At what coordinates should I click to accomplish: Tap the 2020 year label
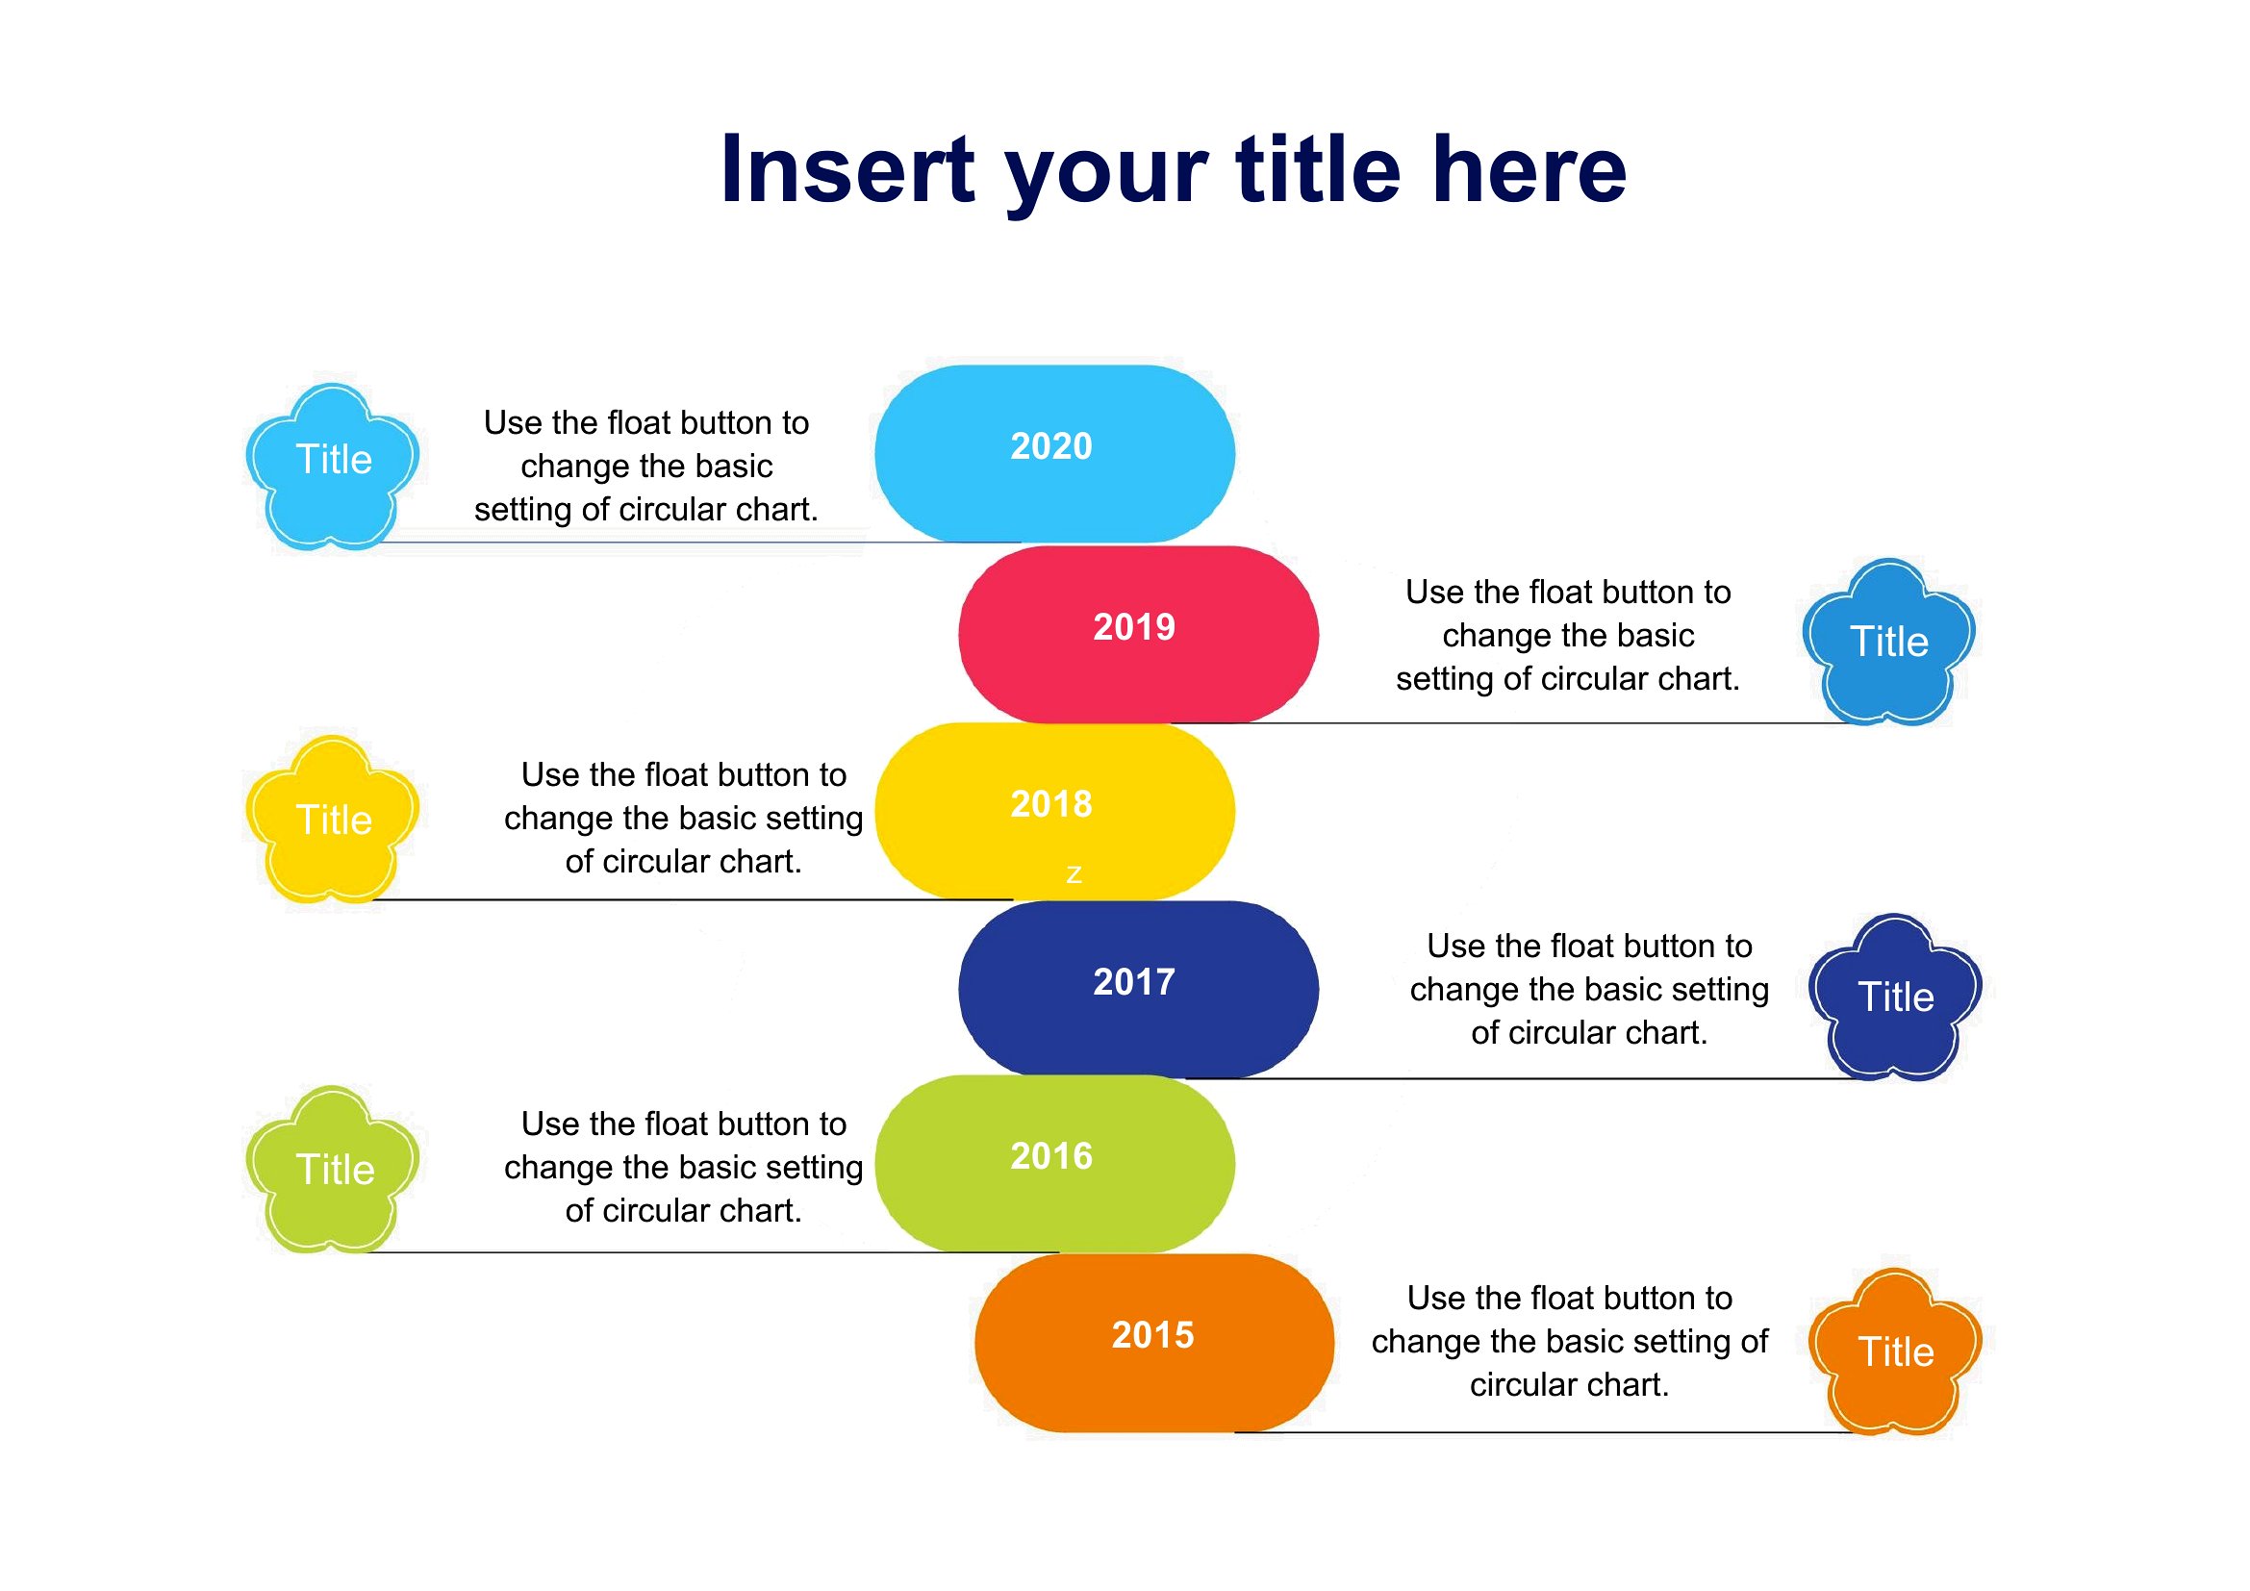(1051, 446)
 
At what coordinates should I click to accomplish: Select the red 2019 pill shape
(1139, 635)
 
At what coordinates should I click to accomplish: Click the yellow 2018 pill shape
(1054, 811)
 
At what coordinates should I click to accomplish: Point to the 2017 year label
(1134, 982)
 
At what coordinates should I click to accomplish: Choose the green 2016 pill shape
(1054, 1164)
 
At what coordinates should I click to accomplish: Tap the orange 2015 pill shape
(1154, 1343)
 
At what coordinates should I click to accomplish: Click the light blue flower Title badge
(332, 467)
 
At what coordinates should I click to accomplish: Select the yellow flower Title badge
(332, 819)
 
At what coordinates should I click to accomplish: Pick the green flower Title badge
(332, 1169)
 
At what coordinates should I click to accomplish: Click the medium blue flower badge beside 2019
(1888, 643)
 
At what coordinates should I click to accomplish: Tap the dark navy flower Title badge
(1895, 998)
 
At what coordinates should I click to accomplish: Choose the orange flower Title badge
(1895, 1351)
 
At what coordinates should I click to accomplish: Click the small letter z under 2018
(1074, 873)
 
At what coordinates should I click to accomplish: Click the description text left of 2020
(646, 467)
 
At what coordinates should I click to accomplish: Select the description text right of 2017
(1589, 990)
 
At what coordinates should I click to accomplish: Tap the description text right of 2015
(1570, 1341)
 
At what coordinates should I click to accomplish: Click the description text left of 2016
(684, 1167)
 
